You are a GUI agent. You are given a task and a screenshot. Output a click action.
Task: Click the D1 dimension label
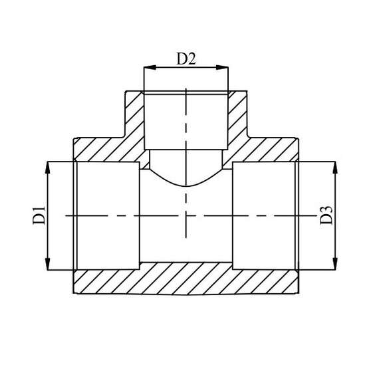pos(39,215)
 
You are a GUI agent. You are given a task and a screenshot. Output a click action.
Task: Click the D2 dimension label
pos(186,59)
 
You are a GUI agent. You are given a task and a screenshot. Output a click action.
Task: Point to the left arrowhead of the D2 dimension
pos(148,68)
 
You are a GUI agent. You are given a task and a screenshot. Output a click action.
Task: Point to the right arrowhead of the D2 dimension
pos(225,68)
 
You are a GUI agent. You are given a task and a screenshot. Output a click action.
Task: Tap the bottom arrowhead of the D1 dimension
pos(49,266)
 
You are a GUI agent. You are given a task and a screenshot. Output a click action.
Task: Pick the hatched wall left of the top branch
pos(135,120)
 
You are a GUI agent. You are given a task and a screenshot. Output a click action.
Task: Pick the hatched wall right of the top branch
pos(238,120)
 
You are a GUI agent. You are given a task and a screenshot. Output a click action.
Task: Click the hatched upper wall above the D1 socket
pos(106,150)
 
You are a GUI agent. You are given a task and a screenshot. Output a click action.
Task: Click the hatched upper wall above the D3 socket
pos(266,150)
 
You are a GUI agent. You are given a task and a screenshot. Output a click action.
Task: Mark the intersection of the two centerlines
pos(187,215)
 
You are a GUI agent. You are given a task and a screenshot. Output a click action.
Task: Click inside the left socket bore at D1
pos(106,215)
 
